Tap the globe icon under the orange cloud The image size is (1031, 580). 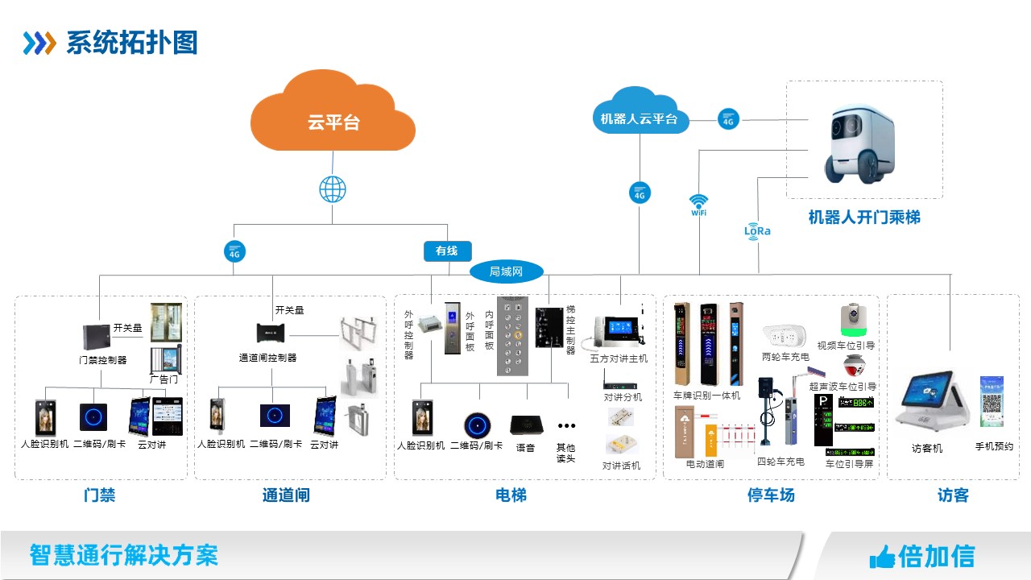[x=333, y=190]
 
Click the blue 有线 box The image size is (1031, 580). [x=447, y=251]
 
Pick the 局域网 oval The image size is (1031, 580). [x=506, y=271]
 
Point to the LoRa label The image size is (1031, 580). [x=757, y=230]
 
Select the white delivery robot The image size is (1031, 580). [x=859, y=142]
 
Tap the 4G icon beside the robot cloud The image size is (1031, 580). [x=728, y=120]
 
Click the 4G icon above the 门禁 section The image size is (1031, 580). [x=234, y=251]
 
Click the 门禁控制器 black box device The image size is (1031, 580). [x=96, y=337]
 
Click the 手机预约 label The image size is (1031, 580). [x=994, y=446]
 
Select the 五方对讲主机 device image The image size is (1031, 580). [x=619, y=331]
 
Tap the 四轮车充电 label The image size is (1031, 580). [x=780, y=462]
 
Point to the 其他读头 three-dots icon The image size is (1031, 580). [x=566, y=426]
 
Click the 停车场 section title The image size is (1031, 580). [x=771, y=495]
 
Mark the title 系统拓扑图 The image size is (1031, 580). [x=132, y=43]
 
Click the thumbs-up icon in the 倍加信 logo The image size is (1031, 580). [x=882, y=556]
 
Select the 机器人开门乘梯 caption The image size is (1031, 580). [x=863, y=217]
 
